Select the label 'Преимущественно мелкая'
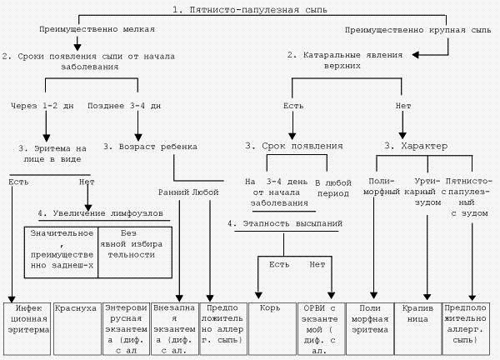pyautogui.click(x=97, y=27)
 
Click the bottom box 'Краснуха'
pyautogui.click(x=75, y=307)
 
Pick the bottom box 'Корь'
pyautogui.click(x=272, y=307)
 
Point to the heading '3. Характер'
pyautogui.click(x=416, y=146)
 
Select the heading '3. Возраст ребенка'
pyautogui.click(x=151, y=146)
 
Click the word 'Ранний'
pyautogui.click(x=172, y=192)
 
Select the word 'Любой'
pyautogui.click(x=205, y=192)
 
